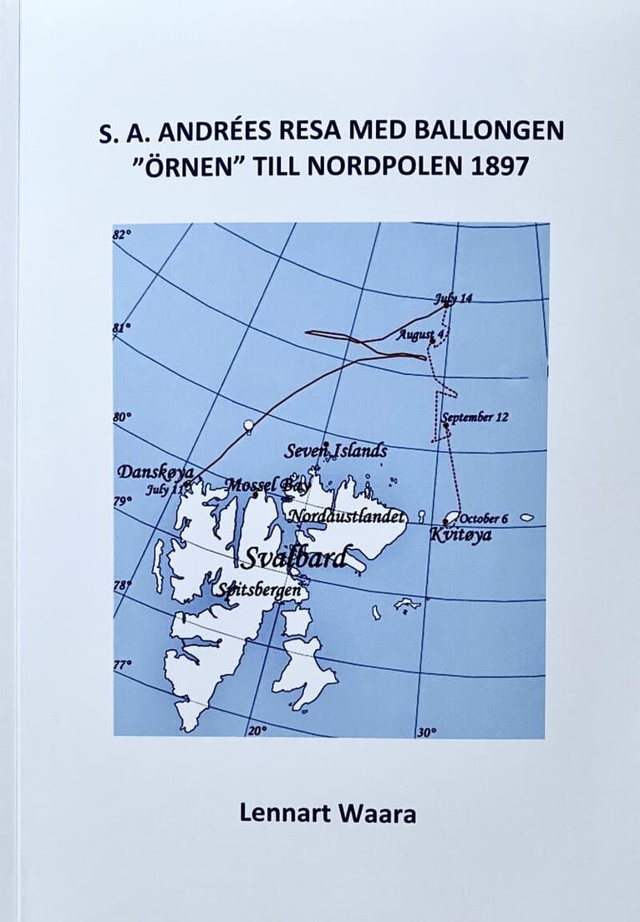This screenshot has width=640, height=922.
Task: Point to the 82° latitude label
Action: click(x=122, y=235)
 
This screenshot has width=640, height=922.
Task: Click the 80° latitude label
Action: click(x=122, y=415)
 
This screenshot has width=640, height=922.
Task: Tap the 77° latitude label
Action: click(x=123, y=664)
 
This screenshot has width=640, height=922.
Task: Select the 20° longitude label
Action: click(x=257, y=731)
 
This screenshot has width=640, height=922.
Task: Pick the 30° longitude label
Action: click(x=426, y=732)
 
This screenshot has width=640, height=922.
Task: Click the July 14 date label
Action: click(x=454, y=298)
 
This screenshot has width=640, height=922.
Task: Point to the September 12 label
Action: click(x=475, y=417)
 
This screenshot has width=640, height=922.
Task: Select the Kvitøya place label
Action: click(x=460, y=534)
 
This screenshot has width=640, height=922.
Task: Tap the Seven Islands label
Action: click(x=335, y=451)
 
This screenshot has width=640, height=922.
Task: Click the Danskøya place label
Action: click(x=155, y=472)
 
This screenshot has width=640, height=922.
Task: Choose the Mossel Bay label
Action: click(x=261, y=484)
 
